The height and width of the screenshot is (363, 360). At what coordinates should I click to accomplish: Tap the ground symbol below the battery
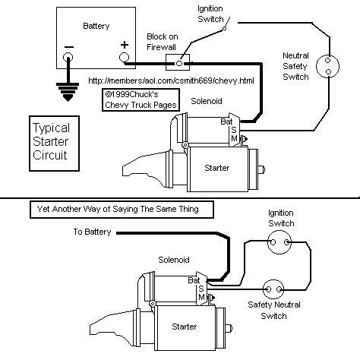(x=68, y=92)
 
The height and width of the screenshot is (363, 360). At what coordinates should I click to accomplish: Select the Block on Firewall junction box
(x=178, y=62)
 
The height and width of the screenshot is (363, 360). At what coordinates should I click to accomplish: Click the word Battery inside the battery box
(x=96, y=26)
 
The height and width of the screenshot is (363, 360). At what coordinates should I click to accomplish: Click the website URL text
(x=171, y=80)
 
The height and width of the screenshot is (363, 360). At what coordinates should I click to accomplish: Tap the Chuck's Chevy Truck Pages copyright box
(x=141, y=99)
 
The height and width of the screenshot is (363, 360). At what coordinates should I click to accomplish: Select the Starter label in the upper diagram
(x=217, y=168)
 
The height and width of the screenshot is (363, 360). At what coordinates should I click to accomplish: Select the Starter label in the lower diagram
(x=185, y=327)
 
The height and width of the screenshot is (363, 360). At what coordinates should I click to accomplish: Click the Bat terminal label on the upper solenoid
(x=226, y=122)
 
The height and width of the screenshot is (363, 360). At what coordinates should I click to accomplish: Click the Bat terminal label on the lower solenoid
(x=194, y=280)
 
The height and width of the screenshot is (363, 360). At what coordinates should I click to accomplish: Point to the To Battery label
(x=92, y=232)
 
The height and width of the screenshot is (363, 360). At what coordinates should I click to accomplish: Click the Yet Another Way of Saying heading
(x=118, y=209)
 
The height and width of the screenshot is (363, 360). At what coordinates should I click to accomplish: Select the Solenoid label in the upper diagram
(x=207, y=101)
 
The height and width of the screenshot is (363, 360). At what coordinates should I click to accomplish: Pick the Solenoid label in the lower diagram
(x=174, y=260)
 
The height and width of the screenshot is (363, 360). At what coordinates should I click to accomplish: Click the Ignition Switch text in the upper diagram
(x=210, y=14)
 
